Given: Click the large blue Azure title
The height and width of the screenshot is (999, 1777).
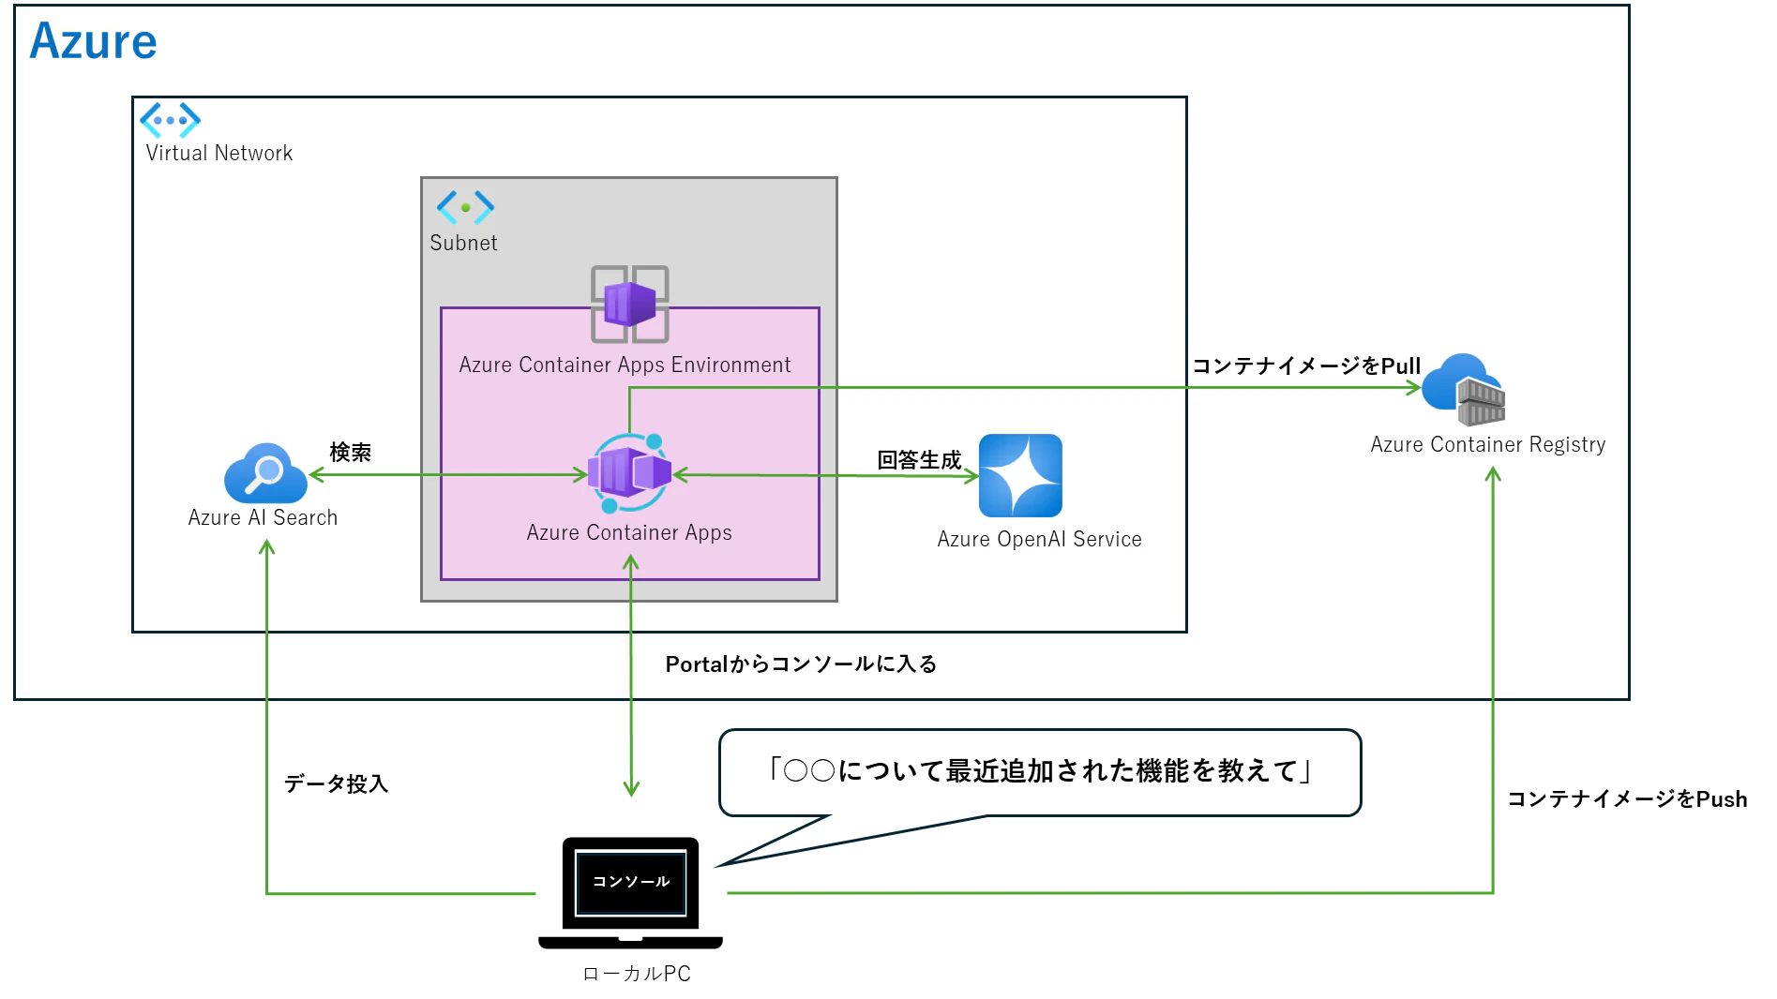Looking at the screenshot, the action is click(93, 41).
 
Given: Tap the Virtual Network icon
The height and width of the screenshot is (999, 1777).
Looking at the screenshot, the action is click(170, 120).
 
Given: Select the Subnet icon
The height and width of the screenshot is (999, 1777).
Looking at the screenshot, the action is click(465, 207).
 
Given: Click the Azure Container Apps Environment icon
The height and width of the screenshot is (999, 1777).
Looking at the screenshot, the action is click(629, 304).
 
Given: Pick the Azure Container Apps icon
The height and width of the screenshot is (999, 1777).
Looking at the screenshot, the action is click(629, 473).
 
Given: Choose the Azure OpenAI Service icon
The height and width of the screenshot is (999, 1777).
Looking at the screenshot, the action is click(1020, 475).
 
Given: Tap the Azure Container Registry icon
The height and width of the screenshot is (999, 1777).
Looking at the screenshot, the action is click(1464, 390).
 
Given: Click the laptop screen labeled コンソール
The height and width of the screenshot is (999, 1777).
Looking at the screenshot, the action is click(631, 882).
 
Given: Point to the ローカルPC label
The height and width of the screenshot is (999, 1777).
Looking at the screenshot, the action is click(637, 974).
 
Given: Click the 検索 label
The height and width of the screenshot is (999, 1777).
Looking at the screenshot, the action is click(351, 453).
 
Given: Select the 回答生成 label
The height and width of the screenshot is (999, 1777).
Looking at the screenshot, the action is click(919, 460).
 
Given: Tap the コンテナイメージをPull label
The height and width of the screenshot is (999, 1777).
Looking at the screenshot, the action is click(1306, 365).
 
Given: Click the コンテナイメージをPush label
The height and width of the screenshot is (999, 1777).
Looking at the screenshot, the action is click(1627, 798).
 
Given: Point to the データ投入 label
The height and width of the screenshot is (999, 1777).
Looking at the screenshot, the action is click(336, 783).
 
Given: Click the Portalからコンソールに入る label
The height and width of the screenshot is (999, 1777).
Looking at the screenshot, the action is click(801, 664).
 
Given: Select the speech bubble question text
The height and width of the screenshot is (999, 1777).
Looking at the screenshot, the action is click(1040, 770).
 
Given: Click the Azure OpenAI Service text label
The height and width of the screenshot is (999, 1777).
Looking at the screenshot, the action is click(1039, 539).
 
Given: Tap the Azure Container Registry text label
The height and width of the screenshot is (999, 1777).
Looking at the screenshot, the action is click(1488, 445).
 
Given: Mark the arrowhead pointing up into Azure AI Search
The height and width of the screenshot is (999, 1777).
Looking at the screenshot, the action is click(267, 547).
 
